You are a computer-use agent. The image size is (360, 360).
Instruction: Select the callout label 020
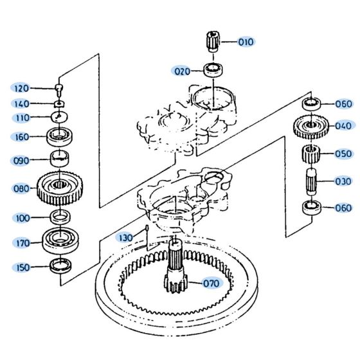coord(181,70)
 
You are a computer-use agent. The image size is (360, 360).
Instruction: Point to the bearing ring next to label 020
coord(212,69)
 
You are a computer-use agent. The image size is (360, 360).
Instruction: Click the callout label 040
coord(343,125)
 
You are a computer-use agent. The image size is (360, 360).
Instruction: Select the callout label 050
coord(343,154)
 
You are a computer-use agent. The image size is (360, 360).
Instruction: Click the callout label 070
coord(211,283)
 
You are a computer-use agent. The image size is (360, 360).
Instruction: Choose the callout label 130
coord(125,238)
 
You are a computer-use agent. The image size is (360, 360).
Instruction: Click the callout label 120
coord(21,88)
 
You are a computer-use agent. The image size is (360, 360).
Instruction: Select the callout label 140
coord(21,104)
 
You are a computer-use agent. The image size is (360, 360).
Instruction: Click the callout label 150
coord(21,267)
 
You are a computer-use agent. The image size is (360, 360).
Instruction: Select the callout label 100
coord(21,218)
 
